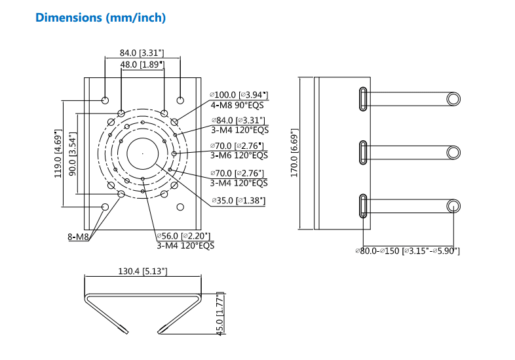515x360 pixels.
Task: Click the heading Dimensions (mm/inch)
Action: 100,18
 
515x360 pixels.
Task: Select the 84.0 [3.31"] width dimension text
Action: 142,52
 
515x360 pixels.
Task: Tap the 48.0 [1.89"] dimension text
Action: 142,64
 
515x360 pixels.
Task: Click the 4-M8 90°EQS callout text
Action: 238,105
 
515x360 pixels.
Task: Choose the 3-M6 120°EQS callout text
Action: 238,155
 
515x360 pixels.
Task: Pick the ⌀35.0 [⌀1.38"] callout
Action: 238,200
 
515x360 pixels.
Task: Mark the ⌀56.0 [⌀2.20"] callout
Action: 185,236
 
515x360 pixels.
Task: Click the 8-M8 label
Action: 78,237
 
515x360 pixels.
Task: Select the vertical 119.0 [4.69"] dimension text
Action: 57,153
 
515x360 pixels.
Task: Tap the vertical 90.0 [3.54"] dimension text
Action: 71,153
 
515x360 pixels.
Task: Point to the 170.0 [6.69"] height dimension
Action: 294,153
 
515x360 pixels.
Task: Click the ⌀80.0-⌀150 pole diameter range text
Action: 408,250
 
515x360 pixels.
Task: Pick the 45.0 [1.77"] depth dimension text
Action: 220,313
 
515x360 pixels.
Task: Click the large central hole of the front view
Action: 142,153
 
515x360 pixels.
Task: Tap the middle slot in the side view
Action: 362,152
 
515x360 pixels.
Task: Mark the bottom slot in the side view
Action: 362,206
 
